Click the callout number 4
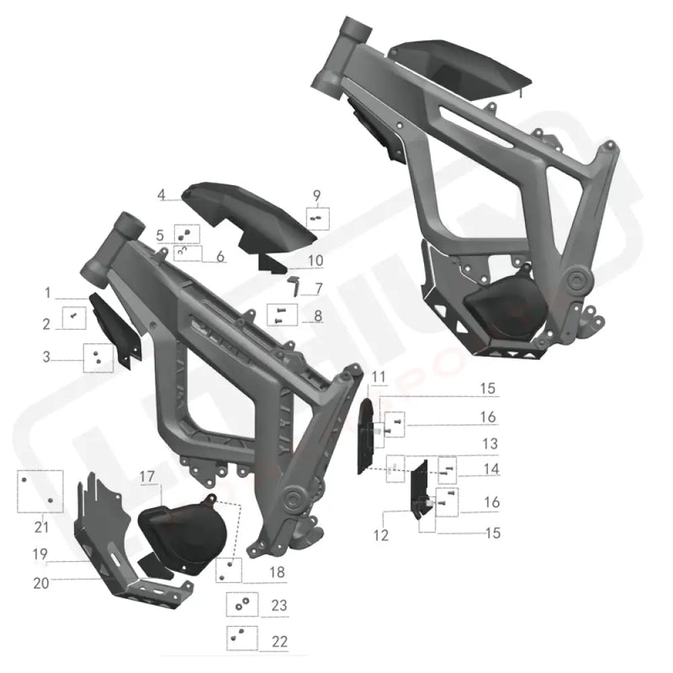(x=160, y=195)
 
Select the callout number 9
(x=317, y=196)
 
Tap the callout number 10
(x=315, y=260)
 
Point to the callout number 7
(x=319, y=289)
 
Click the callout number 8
(x=318, y=316)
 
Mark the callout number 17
(x=147, y=477)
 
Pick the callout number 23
(x=279, y=605)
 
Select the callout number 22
(x=279, y=640)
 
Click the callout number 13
(x=490, y=442)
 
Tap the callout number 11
(x=378, y=375)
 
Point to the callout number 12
(x=382, y=535)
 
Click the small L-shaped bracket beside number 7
(x=294, y=283)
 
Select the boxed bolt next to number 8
(x=278, y=315)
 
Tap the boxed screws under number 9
(x=317, y=218)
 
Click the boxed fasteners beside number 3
(x=98, y=358)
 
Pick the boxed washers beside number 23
(x=241, y=605)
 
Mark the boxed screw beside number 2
(x=73, y=318)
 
